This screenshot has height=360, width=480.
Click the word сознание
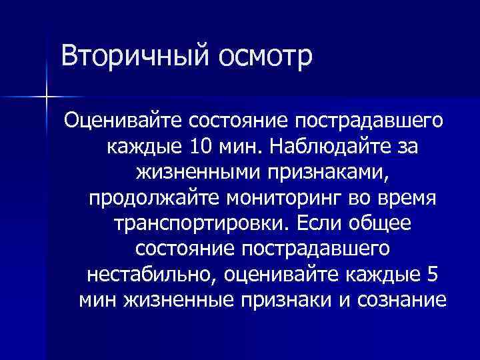click(399, 301)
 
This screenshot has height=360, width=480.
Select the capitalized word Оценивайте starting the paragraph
click(123, 122)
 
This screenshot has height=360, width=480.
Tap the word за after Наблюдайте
click(405, 147)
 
